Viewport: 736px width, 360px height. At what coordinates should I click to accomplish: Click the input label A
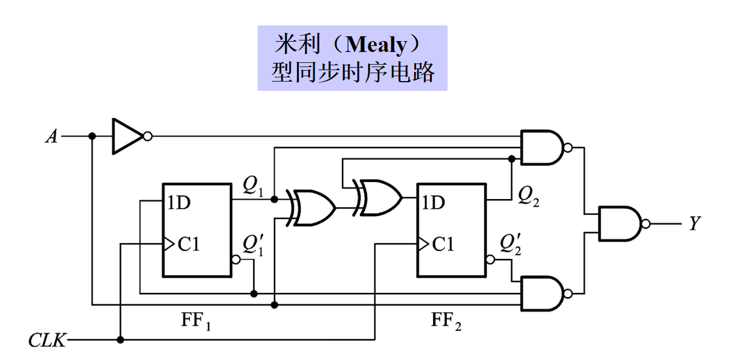coord(51,137)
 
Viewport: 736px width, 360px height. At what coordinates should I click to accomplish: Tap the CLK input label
coord(47,341)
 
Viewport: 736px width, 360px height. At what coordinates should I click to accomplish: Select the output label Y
coord(695,224)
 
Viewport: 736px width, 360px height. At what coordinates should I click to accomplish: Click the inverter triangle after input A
coord(126,136)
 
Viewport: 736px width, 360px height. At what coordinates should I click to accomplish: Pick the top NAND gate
coord(542,148)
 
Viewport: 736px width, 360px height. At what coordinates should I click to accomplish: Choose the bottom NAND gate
coord(542,294)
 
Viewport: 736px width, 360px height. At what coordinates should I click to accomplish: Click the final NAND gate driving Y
coord(620,223)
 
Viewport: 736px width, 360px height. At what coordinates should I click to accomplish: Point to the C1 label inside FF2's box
coord(443,244)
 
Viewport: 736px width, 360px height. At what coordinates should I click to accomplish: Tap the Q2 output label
coord(529,195)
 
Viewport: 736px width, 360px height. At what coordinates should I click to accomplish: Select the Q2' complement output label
coord(509,243)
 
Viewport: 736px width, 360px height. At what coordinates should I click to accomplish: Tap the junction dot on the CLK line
coord(121,341)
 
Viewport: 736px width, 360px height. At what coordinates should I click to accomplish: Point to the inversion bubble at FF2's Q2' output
coord(490,260)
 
